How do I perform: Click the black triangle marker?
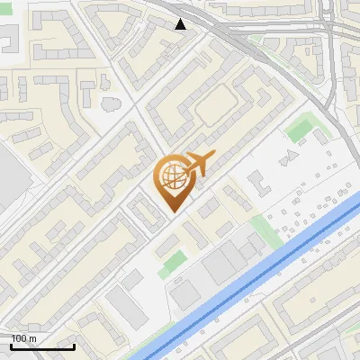[x=181, y=24]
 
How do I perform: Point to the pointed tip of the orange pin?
[x=173, y=211]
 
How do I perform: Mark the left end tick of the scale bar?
[x=11, y=346]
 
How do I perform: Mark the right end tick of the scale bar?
[x=74, y=346]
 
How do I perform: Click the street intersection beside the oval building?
[x=135, y=106]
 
